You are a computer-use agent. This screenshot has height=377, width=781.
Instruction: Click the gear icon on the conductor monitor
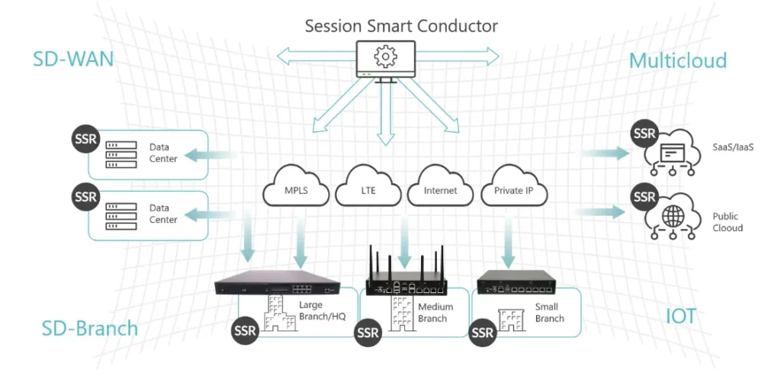pyautogui.click(x=385, y=56)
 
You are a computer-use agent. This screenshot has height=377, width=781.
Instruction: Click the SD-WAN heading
pyautogui.click(x=73, y=60)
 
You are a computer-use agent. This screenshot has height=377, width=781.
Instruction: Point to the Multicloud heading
pyautogui.click(x=678, y=60)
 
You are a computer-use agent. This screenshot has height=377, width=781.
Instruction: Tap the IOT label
pyautogui.click(x=680, y=317)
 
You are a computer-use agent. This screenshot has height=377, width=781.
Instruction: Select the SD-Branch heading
pyautogui.click(x=90, y=328)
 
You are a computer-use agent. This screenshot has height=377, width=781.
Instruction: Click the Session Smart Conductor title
pyautogui.click(x=401, y=25)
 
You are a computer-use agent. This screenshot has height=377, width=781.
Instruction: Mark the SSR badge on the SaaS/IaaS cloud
pyautogui.click(x=645, y=134)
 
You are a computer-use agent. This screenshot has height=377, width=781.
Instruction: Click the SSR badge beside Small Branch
pyautogui.click(x=484, y=333)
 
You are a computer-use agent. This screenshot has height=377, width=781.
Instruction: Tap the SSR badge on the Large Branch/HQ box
pyautogui.click(x=246, y=330)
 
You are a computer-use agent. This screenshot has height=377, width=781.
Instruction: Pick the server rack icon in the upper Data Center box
pyautogui.click(x=121, y=155)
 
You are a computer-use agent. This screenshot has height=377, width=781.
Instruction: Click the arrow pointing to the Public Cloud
pyautogui.click(x=601, y=212)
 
